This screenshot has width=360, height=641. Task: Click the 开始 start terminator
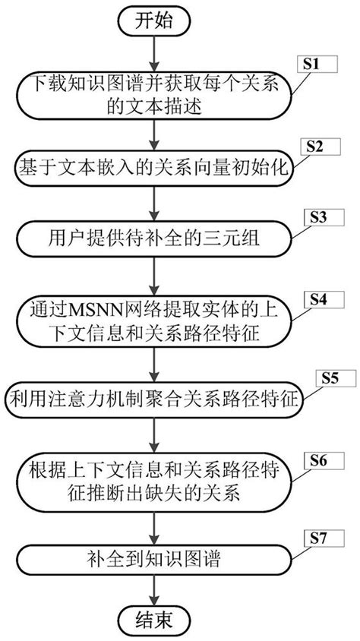[155, 21]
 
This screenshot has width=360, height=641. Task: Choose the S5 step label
[327, 375]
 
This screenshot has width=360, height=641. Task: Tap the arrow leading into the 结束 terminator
[155, 589]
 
